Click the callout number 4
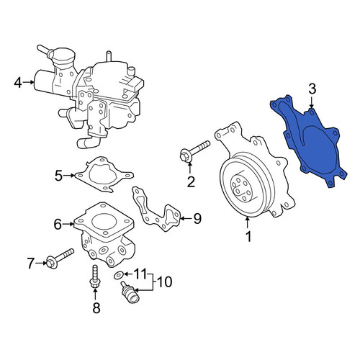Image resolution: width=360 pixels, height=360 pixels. click(18, 83)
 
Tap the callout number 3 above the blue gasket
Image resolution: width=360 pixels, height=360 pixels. click(312, 89)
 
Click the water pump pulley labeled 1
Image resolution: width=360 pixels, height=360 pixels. click(243, 187)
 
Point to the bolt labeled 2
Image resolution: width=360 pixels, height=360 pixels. click(194, 151)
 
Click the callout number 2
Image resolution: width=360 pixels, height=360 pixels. click(191, 182)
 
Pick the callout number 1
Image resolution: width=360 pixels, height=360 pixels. click(248, 236)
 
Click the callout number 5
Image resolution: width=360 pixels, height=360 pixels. click(59, 176)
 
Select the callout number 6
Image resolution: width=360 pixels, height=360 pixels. click(58, 225)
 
